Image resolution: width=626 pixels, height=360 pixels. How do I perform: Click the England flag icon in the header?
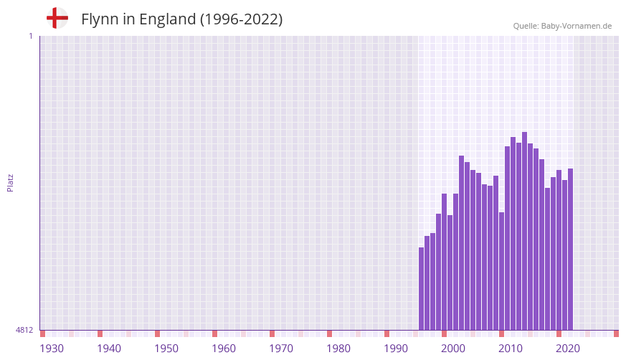tap(57, 18)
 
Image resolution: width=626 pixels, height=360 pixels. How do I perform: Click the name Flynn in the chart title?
tap(98, 19)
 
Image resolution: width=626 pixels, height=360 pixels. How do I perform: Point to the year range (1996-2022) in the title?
tap(241, 19)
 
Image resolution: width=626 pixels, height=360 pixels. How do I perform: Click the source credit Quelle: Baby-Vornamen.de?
tap(562, 26)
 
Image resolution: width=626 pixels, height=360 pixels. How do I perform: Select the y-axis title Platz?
tap(10, 182)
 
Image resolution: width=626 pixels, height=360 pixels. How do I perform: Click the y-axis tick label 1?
tap(30, 36)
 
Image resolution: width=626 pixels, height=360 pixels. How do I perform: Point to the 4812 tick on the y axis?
tap(24, 330)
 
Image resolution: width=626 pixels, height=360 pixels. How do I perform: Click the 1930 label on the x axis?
tap(52, 349)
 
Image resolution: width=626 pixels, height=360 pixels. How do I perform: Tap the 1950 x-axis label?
tap(166, 349)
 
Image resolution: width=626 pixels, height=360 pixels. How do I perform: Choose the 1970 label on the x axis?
tap(281, 349)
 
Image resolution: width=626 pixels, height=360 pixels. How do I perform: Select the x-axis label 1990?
tap(396, 349)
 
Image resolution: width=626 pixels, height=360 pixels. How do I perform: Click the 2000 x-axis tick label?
tap(453, 349)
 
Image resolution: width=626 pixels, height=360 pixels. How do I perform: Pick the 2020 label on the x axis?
tap(568, 349)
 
